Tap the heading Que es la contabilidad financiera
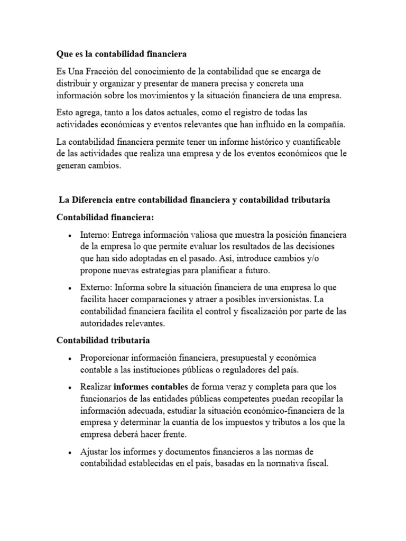[x=122, y=54]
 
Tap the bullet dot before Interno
[x=70, y=236]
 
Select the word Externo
[x=96, y=287]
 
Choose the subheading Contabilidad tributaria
[x=104, y=340]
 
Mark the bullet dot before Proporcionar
[x=70, y=359]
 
